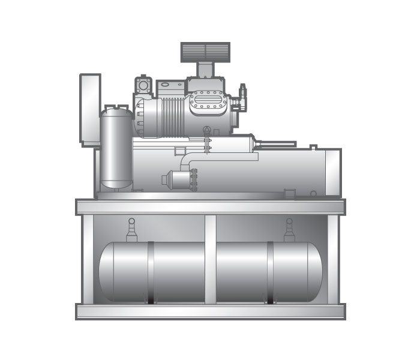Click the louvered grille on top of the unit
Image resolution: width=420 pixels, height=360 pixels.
205,52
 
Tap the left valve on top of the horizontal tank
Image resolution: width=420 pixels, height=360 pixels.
132,230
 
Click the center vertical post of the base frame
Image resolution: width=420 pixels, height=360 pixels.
210,258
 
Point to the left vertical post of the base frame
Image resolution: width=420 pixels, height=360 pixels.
88,258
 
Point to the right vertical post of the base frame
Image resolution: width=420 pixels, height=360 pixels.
332,258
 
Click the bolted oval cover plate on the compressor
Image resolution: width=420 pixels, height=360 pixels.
208,103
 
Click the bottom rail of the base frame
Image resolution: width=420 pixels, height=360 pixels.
210,311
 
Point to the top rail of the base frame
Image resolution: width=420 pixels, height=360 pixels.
210,207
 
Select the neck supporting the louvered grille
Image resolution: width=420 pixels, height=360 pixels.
206,70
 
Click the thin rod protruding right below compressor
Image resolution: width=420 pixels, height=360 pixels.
279,144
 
